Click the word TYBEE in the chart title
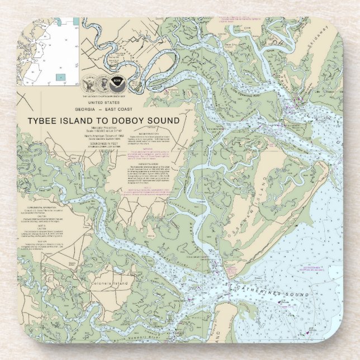(45, 120)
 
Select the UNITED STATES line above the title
(104, 103)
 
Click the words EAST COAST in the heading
(123, 110)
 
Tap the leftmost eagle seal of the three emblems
(89, 83)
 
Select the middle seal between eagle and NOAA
(103, 83)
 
